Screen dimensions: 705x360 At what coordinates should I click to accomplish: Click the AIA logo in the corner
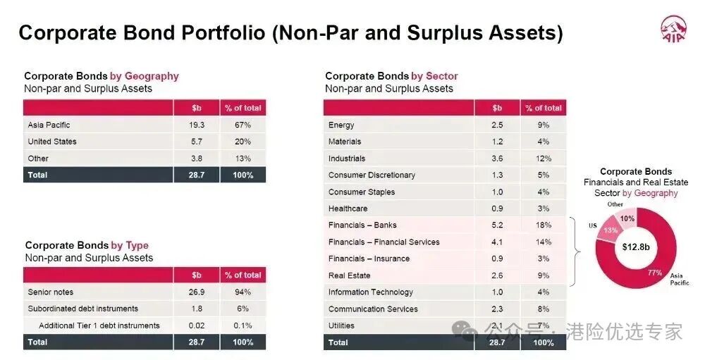(x=673, y=29)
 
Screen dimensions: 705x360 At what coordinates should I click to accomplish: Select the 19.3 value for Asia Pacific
(x=197, y=125)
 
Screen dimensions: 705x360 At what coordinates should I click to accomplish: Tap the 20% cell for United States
(x=243, y=142)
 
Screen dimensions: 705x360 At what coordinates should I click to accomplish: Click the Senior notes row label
(x=50, y=292)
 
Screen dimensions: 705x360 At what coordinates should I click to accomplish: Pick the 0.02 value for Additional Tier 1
(x=197, y=325)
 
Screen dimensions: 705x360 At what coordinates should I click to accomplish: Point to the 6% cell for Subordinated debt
(x=243, y=309)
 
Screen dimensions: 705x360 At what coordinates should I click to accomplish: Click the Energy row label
(x=341, y=125)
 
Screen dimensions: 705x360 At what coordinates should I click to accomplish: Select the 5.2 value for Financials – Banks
(x=497, y=225)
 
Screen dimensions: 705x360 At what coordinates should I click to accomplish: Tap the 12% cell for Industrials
(x=543, y=159)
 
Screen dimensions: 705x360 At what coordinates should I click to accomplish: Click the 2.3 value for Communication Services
(x=497, y=309)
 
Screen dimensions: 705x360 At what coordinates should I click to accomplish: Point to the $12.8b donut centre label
(x=636, y=247)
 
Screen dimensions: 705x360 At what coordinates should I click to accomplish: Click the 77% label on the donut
(x=655, y=273)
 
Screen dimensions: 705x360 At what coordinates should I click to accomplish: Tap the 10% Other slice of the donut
(x=626, y=218)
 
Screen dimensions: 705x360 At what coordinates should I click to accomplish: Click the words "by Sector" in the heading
(x=434, y=76)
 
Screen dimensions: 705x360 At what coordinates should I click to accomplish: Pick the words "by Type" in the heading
(x=130, y=245)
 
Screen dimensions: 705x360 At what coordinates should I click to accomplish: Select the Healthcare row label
(x=348, y=209)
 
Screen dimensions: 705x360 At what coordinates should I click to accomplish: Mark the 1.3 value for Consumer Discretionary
(x=497, y=175)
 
